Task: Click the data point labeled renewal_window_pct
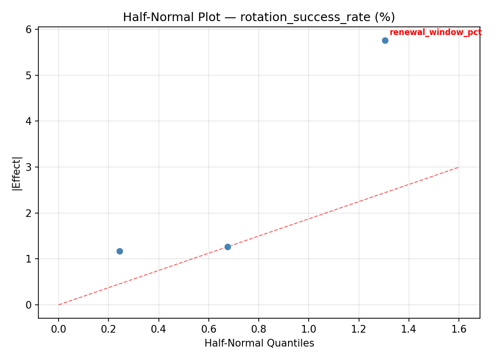coord(385,40)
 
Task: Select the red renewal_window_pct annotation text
coord(435,33)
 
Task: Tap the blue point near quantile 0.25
coord(120,251)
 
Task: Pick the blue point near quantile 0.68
coord(228,247)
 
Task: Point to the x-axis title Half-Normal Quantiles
coord(259,343)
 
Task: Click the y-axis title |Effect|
coord(17,173)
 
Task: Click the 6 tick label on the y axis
coord(29,30)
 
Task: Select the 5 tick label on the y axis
coord(29,75)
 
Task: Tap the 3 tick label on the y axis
coord(29,167)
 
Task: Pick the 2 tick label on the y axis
coord(29,213)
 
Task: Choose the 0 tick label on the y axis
coord(29,305)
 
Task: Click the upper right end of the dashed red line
coord(459,167)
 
